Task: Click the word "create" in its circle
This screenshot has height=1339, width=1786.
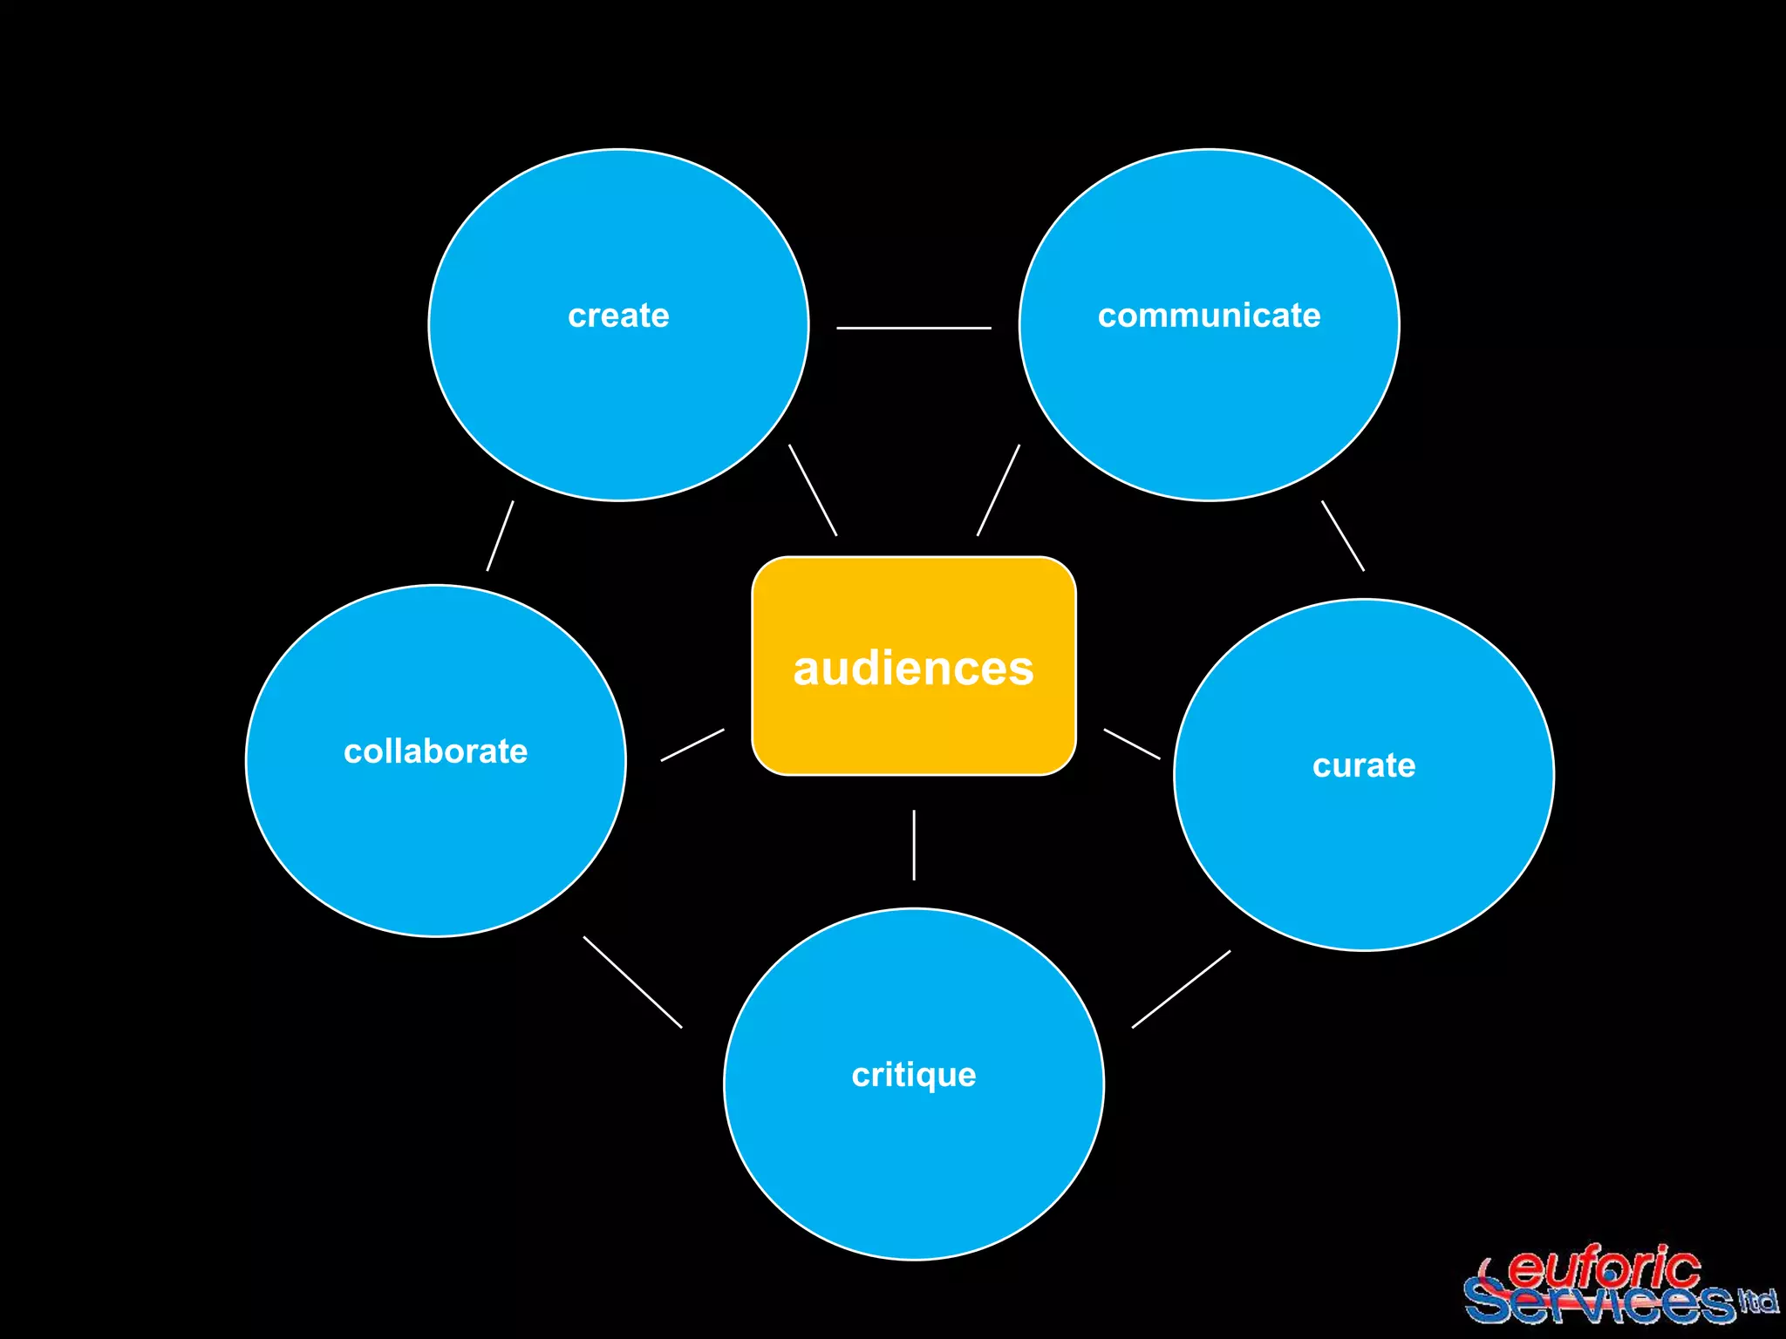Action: click(x=618, y=316)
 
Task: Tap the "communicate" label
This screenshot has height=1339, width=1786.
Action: click(x=1209, y=316)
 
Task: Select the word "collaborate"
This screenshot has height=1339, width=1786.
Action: click(x=435, y=751)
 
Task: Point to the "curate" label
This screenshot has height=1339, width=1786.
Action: click(x=1364, y=765)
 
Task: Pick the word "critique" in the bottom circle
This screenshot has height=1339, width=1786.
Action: click(x=914, y=1075)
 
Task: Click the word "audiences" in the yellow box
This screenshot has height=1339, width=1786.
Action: click(x=913, y=669)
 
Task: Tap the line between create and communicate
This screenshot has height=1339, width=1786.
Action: click(x=913, y=328)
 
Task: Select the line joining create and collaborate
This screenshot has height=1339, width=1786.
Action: click(x=500, y=536)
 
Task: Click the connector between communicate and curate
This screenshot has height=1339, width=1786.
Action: click(x=1343, y=536)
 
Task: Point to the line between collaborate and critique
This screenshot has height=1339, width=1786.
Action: click(x=632, y=982)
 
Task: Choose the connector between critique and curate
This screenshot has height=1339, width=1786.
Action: click(x=1181, y=989)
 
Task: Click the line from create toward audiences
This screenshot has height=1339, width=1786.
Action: click(x=813, y=490)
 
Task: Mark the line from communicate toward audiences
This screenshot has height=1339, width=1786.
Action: click(x=998, y=490)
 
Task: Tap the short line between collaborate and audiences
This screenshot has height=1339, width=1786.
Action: click(x=692, y=745)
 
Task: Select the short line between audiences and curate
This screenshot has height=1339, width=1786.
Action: click(x=1132, y=744)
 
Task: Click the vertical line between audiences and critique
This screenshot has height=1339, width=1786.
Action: click(x=914, y=845)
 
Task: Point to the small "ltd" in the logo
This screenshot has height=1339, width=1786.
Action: click(x=1757, y=1302)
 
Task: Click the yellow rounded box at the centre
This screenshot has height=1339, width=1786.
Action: click(x=913, y=732)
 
